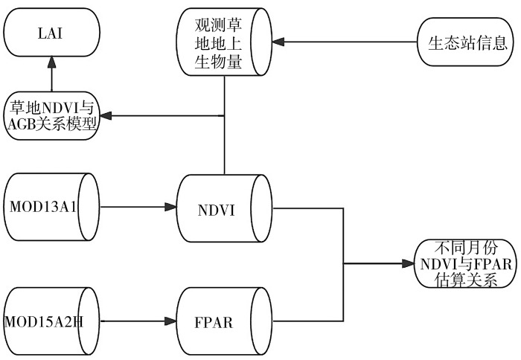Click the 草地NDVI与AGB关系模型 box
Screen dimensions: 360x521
click(52, 115)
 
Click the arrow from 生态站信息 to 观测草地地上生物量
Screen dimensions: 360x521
click(349, 42)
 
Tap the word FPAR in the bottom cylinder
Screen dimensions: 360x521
click(216, 321)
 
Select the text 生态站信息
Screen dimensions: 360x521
click(467, 42)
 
